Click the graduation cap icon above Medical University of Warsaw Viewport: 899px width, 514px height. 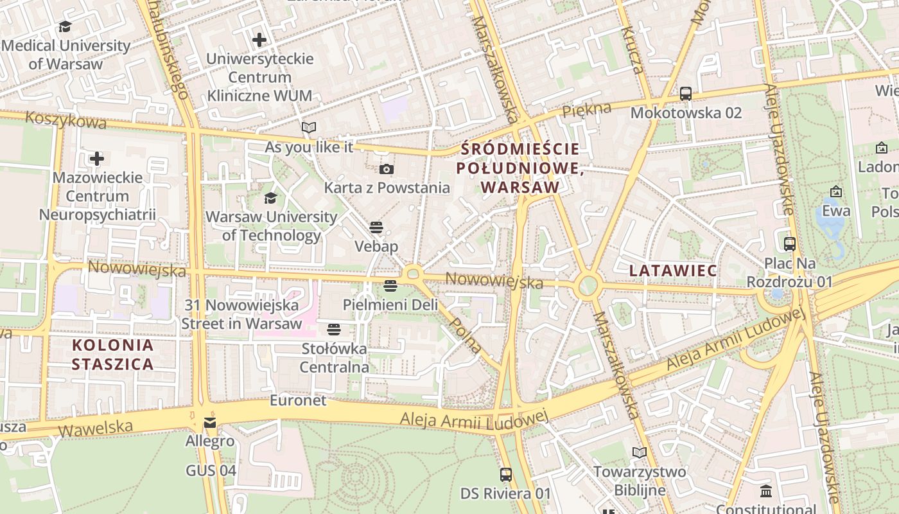point(65,27)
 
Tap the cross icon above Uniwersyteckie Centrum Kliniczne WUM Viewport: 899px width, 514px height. point(259,40)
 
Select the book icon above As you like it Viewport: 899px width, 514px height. point(309,128)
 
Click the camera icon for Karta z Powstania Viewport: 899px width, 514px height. point(387,169)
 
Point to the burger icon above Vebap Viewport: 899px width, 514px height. point(376,227)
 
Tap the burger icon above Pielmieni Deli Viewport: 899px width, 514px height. point(390,286)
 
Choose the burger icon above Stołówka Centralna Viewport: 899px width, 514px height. point(334,330)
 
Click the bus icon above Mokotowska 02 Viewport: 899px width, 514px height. point(686,94)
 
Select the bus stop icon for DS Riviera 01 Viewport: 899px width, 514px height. point(506,475)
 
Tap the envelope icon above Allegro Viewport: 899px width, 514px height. point(210,423)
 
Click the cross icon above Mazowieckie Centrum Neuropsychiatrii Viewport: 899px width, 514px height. point(97,158)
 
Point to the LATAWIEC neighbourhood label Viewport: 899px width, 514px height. point(673,270)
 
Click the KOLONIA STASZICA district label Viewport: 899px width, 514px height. point(112,355)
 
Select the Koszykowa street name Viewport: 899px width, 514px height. point(65,120)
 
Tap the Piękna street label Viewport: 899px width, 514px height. point(586,110)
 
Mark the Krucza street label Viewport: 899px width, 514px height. point(631,50)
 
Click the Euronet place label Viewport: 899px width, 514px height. point(298,400)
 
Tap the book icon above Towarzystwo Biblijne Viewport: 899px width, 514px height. point(639,453)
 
